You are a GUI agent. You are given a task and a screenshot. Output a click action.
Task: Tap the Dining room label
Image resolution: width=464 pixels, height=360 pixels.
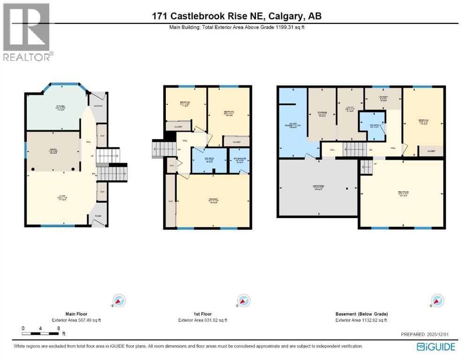[53, 151]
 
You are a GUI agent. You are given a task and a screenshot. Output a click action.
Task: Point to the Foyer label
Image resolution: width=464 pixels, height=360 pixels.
[97, 216]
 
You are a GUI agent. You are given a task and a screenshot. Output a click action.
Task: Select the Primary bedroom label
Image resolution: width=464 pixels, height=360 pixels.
[213, 201]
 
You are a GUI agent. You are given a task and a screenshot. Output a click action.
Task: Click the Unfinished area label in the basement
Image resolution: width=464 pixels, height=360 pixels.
[318, 188]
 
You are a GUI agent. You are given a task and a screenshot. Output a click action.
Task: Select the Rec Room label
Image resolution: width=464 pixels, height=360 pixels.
[401, 194]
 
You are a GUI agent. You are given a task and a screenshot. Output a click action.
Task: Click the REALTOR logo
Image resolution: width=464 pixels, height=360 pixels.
[28, 32]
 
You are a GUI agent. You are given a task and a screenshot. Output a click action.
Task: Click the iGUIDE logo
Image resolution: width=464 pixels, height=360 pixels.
[436, 347]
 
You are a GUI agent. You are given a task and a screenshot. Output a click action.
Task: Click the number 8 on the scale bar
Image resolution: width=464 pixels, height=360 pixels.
[58, 329]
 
